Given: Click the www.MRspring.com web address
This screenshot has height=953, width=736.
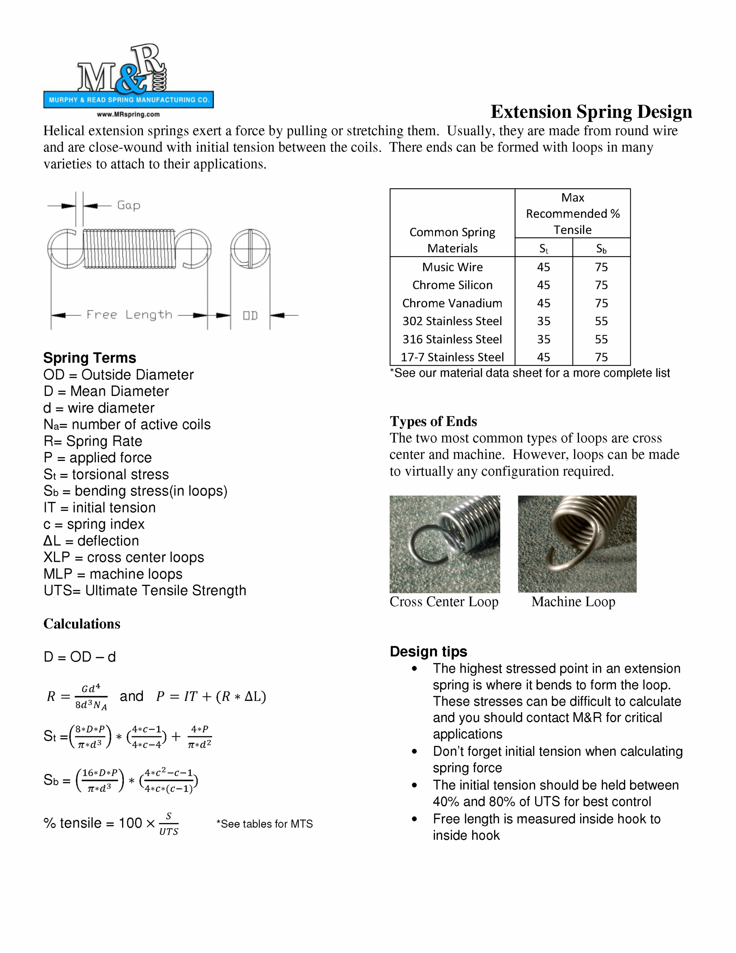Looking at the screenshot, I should pos(128,114).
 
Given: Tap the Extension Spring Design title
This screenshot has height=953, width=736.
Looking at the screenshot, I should pos(591,112).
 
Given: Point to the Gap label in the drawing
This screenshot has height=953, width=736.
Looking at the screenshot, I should pos(129,205).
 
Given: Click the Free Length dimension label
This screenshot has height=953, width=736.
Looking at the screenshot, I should pos(129,315).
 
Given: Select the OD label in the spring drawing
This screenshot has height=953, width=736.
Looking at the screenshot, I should pos(250,315).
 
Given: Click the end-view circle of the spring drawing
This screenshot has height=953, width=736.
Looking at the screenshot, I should pos(250,249).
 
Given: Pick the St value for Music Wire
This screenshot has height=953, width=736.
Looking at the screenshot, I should pos(543,267).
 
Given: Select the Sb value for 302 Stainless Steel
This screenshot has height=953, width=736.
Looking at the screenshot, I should pos(601,321).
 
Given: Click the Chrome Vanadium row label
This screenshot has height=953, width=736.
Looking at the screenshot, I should pos(452,303).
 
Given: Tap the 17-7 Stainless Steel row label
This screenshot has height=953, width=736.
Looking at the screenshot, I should pos(452,357).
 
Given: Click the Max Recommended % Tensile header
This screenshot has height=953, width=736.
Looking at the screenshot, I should pos(572,213).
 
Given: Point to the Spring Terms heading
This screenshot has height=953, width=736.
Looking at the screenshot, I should pos(89,358).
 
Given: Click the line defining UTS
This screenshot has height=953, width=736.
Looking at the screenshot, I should pos(144,590).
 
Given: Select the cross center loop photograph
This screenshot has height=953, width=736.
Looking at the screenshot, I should pos(445,544).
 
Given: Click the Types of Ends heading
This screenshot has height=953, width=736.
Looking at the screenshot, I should pos(433,421).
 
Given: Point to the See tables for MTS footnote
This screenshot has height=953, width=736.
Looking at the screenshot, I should pos(265,824).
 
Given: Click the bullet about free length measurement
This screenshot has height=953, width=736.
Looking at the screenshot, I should pos(546,827).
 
